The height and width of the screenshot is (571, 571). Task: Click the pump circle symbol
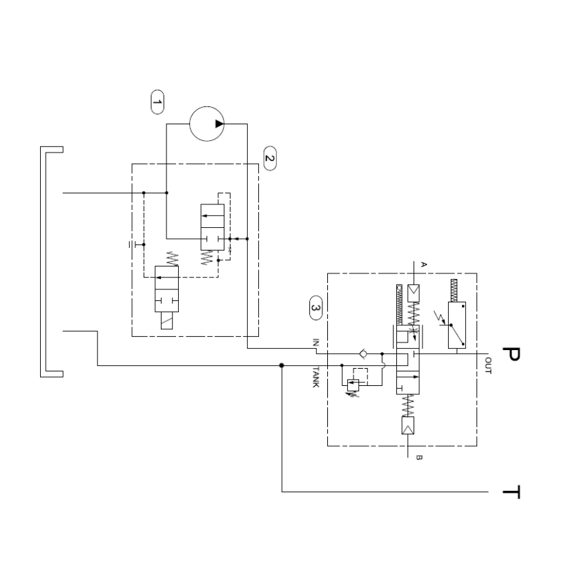[209, 124]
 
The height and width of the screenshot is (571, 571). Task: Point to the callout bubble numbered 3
[315, 308]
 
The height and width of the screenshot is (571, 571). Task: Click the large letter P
[510, 354]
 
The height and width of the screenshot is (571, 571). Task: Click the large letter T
[510, 492]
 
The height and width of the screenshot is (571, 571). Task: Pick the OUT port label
[487, 364]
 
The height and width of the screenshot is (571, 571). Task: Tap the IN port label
[315, 342]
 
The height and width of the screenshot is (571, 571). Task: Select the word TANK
[315, 376]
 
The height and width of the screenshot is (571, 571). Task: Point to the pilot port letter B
[418, 456]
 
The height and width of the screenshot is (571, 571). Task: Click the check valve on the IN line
[363, 354]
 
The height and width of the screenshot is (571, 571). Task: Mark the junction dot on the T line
[282, 365]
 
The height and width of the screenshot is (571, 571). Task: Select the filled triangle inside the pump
[218, 124]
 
